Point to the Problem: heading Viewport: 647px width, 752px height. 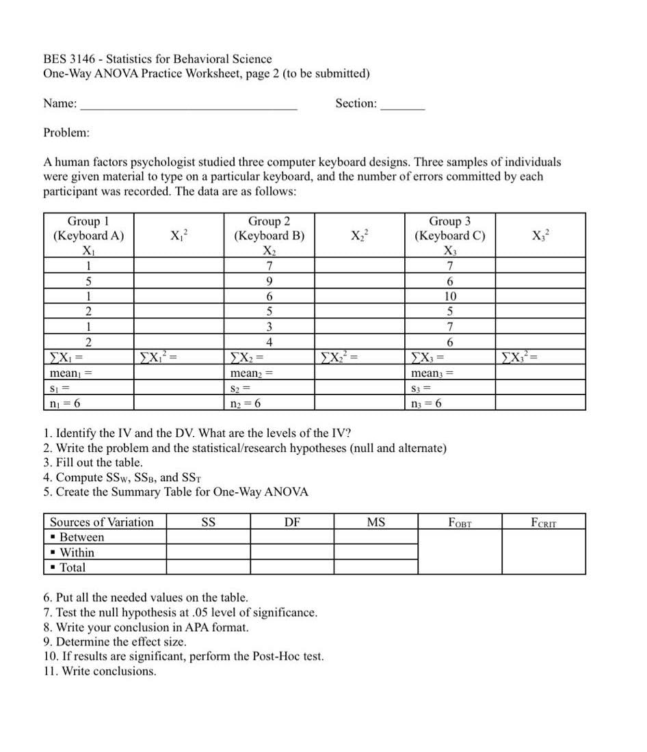[x=66, y=132]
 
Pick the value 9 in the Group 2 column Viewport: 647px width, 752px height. [x=269, y=282]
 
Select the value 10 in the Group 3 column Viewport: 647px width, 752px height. [x=449, y=297]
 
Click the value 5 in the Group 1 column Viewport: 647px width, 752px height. [x=88, y=282]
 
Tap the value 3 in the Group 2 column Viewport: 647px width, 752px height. [x=269, y=327]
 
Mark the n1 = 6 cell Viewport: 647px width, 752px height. [x=66, y=403]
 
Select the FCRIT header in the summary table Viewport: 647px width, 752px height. [x=543, y=523]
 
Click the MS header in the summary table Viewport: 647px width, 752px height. [x=375, y=523]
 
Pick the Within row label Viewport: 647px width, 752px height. [x=77, y=552]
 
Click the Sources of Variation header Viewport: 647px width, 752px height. [x=102, y=523]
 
